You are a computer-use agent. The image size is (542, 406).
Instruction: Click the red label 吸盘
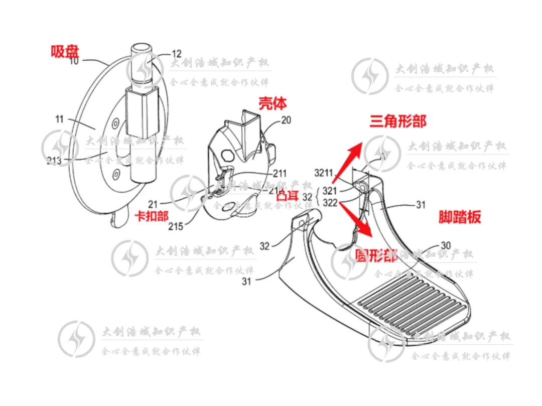coord(65,51)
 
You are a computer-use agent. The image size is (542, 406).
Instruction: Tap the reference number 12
coord(177,54)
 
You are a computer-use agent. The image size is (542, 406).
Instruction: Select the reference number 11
coord(60,119)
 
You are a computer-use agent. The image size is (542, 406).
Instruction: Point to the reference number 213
coord(55,161)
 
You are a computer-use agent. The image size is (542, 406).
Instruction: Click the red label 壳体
coord(273,103)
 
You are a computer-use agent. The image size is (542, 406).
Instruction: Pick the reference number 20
coord(286,120)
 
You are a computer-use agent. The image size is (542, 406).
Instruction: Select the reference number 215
coord(176,226)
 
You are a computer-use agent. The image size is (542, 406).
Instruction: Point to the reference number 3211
coord(324,174)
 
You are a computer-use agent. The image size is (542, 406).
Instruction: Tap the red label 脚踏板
coord(460,217)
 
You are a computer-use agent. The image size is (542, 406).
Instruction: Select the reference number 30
coord(445,246)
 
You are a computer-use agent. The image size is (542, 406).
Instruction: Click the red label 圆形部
coord(376,255)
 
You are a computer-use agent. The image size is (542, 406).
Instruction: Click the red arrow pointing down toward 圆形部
coord(359,221)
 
